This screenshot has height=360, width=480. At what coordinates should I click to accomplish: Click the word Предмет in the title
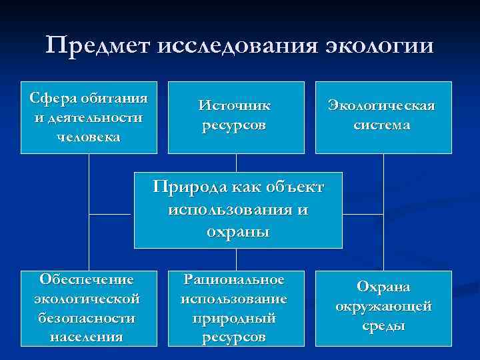coord(99,46)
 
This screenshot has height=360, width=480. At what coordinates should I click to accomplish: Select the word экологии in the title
coord(379,46)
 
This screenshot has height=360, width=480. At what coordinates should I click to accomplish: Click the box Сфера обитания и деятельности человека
coord(89,117)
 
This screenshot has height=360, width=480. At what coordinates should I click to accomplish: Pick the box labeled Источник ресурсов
coord(235,117)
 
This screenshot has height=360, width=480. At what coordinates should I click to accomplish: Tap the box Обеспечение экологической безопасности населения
coord(89,308)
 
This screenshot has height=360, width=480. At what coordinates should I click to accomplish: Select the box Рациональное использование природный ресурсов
coord(235,308)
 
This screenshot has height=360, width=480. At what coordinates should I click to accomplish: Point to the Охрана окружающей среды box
coord(383,308)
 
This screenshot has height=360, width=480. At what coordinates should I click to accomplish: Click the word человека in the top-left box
coord(89,137)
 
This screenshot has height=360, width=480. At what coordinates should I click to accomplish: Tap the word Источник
coord(234,105)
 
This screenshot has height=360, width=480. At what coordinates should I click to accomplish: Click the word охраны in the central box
coord(238,233)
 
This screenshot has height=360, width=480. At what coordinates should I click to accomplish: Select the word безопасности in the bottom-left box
coord(89,318)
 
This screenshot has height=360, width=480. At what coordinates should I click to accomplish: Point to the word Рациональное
coord(235,279)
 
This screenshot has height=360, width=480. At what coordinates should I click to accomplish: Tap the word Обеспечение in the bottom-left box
coord(89,279)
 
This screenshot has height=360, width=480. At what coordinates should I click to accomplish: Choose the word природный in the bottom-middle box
coord(235,319)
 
